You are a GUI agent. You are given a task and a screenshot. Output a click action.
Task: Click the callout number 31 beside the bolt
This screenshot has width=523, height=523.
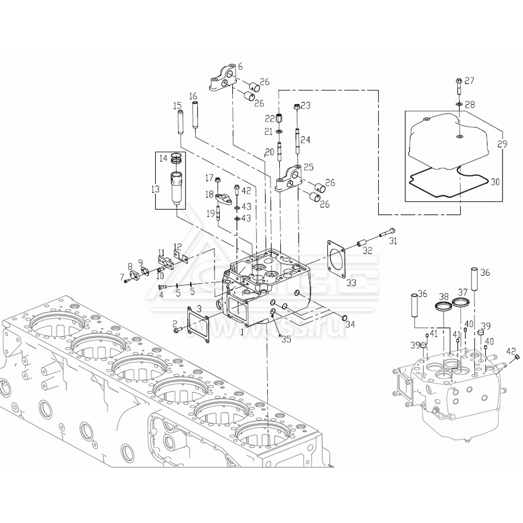(393, 241)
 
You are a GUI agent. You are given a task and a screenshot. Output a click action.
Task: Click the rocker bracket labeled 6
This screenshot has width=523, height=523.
(223, 79)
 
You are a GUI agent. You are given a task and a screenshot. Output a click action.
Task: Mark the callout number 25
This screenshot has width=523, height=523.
(309, 167)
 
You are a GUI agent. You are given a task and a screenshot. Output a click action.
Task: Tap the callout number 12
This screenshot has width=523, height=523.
(178, 247)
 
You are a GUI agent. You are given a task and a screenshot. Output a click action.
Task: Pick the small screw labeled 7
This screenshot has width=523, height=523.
(126, 281)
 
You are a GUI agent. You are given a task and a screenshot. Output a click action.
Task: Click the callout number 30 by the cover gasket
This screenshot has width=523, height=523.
(495, 183)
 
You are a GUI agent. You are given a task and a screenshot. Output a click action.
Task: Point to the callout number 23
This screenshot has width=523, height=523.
(306, 106)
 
